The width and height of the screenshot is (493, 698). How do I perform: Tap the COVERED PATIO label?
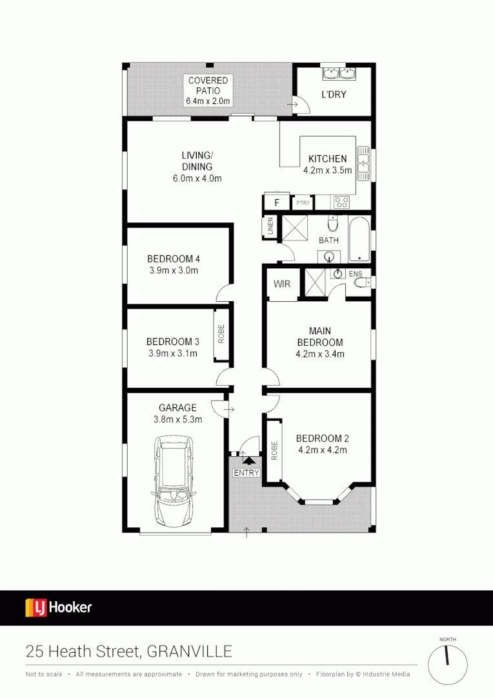point(208,90)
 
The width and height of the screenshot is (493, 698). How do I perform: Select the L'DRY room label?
point(334,94)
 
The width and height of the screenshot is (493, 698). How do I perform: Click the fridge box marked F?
point(277,203)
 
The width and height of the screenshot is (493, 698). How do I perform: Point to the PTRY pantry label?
point(303,203)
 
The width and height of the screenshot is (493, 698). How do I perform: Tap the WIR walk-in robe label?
point(282,284)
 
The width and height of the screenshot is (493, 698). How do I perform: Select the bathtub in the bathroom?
point(360,238)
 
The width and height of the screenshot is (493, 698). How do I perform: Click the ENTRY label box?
point(246,473)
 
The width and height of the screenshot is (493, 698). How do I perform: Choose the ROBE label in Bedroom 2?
point(274,450)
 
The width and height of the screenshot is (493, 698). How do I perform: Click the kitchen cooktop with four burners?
point(341,202)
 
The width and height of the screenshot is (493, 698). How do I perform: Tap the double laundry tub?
point(339,73)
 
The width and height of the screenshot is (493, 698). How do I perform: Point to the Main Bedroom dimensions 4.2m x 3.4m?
point(319,354)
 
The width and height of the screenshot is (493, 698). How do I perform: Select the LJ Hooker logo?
point(59,608)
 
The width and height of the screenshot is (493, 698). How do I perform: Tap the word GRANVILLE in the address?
point(190,651)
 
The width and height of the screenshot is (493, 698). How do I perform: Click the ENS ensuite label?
point(355,274)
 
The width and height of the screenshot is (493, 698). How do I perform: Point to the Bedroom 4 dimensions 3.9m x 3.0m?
point(173,270)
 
